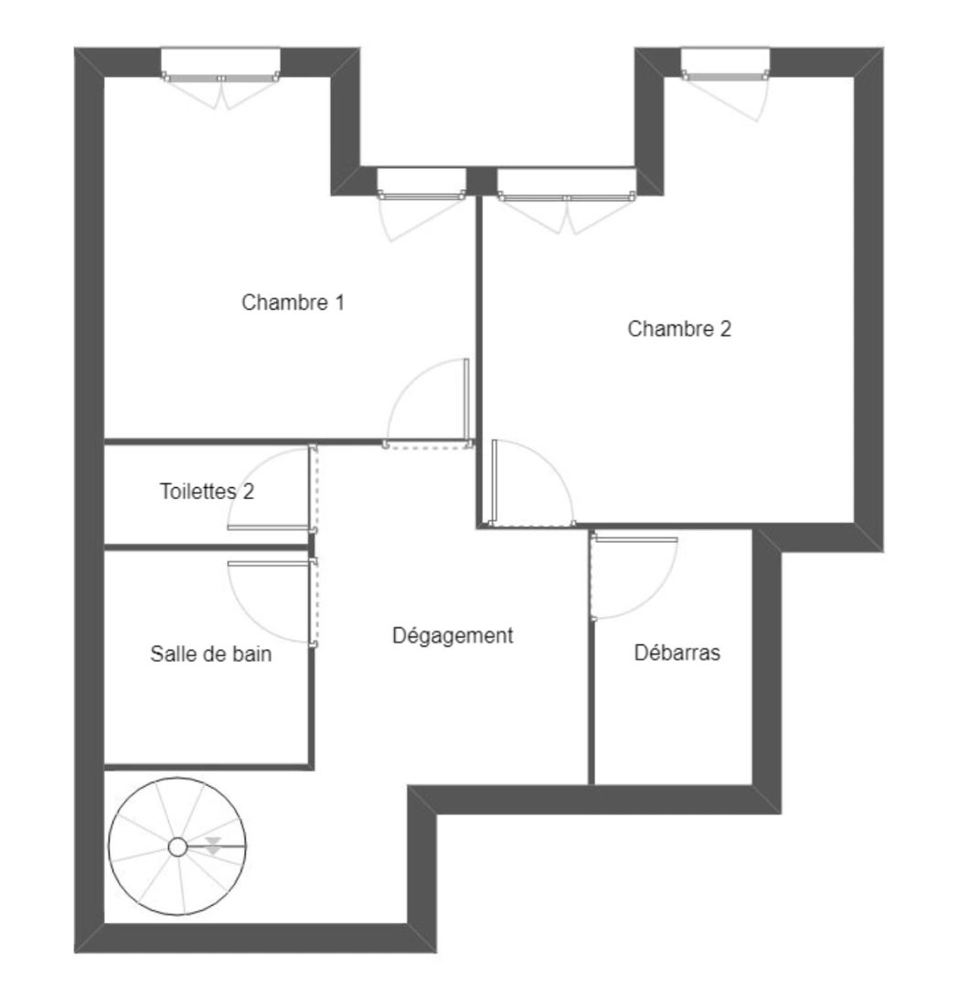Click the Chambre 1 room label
coord(293,302)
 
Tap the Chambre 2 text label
coord(679,329)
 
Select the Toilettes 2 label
coord(207,492)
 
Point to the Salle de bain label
coord(210,654)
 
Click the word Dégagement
coord(453,635)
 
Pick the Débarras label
coord(677,653)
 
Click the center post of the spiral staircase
coord(178,848)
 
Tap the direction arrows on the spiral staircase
coord(213,845)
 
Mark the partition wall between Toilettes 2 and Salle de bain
coord(206,547)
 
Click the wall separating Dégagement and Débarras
coord(591,695)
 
